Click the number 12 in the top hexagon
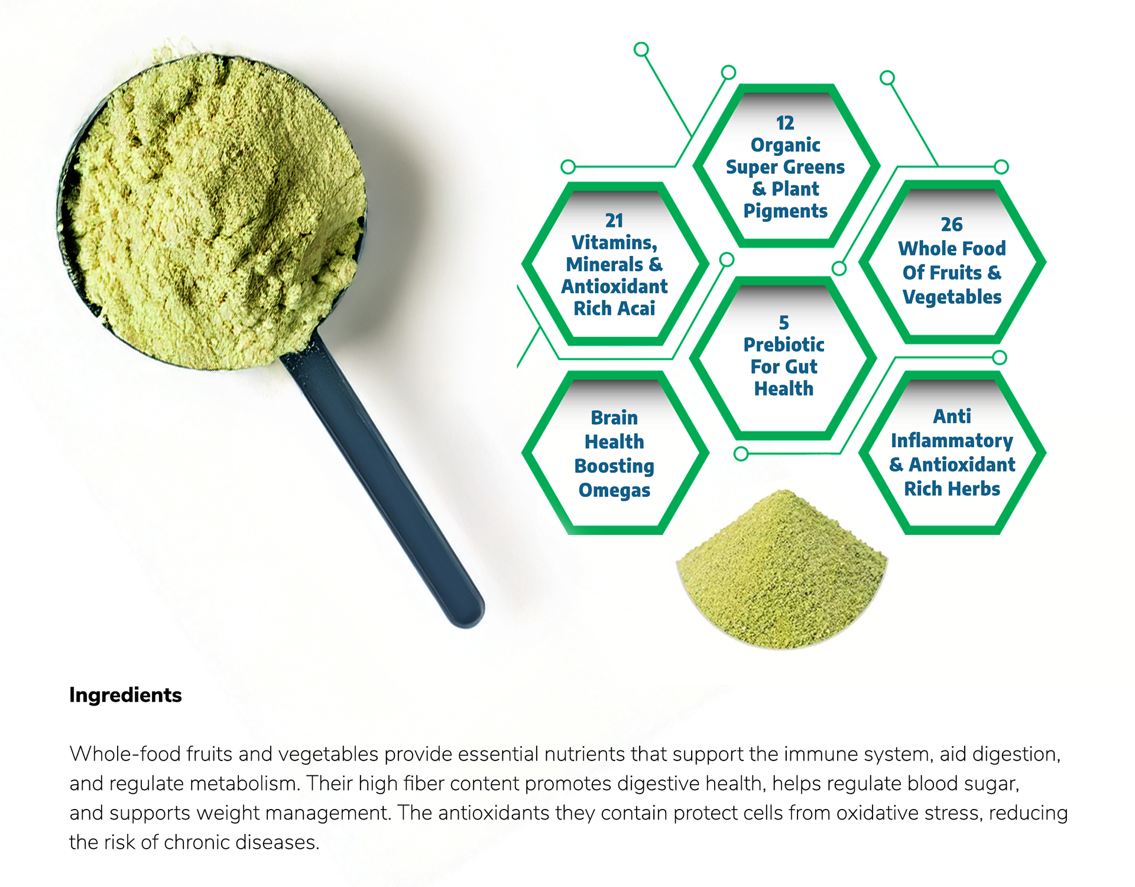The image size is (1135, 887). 785,123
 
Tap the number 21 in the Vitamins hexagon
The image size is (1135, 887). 614,220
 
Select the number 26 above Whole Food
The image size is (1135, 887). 952,225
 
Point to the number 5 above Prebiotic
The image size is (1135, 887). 784,323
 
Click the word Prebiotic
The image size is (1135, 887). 784,345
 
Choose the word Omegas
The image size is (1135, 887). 614,490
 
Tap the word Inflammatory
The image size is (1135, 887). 952,441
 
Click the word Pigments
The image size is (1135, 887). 785,212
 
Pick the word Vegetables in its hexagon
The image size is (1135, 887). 952,297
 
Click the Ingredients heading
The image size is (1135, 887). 125,696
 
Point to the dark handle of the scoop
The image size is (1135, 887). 384,479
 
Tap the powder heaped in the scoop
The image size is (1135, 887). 216,207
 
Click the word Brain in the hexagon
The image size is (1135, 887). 614,418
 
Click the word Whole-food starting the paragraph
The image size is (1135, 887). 125,754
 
